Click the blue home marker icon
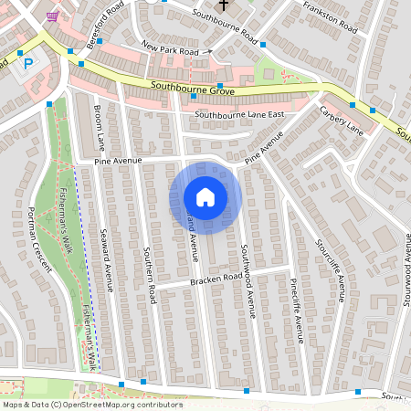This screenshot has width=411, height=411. (x=205, y=196)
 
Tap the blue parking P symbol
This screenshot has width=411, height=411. (x=27, y=64)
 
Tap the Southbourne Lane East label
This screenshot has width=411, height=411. (x=239, y=114)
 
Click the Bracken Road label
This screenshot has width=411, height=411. (x=216, y=278)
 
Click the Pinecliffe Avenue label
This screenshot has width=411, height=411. (x=295, y=311)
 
